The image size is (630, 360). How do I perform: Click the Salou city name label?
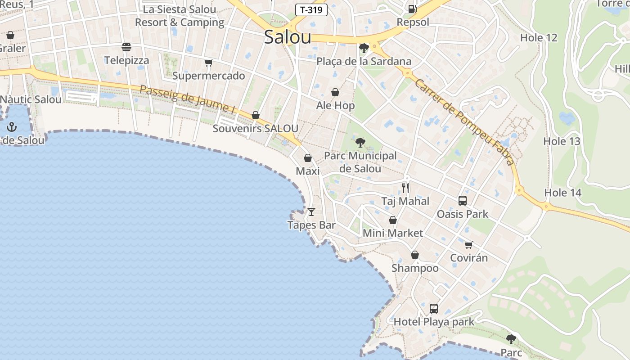[x=288, y=37]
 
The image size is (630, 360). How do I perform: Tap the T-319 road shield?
[x=311, y=10]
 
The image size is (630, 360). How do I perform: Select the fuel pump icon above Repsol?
[x=412, y=9]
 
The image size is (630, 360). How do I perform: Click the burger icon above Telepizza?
[x=126, y=47]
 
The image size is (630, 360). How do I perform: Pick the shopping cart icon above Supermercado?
[x=208, y=63]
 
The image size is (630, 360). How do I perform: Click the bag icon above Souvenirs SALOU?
[x=256, y=115]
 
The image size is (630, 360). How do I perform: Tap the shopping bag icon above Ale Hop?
[x=335, y=92]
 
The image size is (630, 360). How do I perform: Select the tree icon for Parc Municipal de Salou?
[x=360, y=143]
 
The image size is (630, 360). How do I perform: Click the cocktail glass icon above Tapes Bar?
[x=311, y=211]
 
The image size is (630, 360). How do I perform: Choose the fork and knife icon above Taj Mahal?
[x=405, y=188]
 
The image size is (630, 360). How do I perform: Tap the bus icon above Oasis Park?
[x=463, y=201]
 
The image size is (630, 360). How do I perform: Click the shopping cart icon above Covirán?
[x=469, y=245]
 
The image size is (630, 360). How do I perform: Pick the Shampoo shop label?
[x=415, y=268]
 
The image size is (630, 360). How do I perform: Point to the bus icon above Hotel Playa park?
[x=434, y=309]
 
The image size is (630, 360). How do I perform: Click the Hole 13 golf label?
[x=562, y=141]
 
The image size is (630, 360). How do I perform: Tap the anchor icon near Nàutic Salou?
[x=12, y=127]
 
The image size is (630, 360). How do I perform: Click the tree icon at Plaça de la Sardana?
[x=364, y=48]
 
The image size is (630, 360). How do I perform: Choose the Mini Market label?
[x=393, y=233]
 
